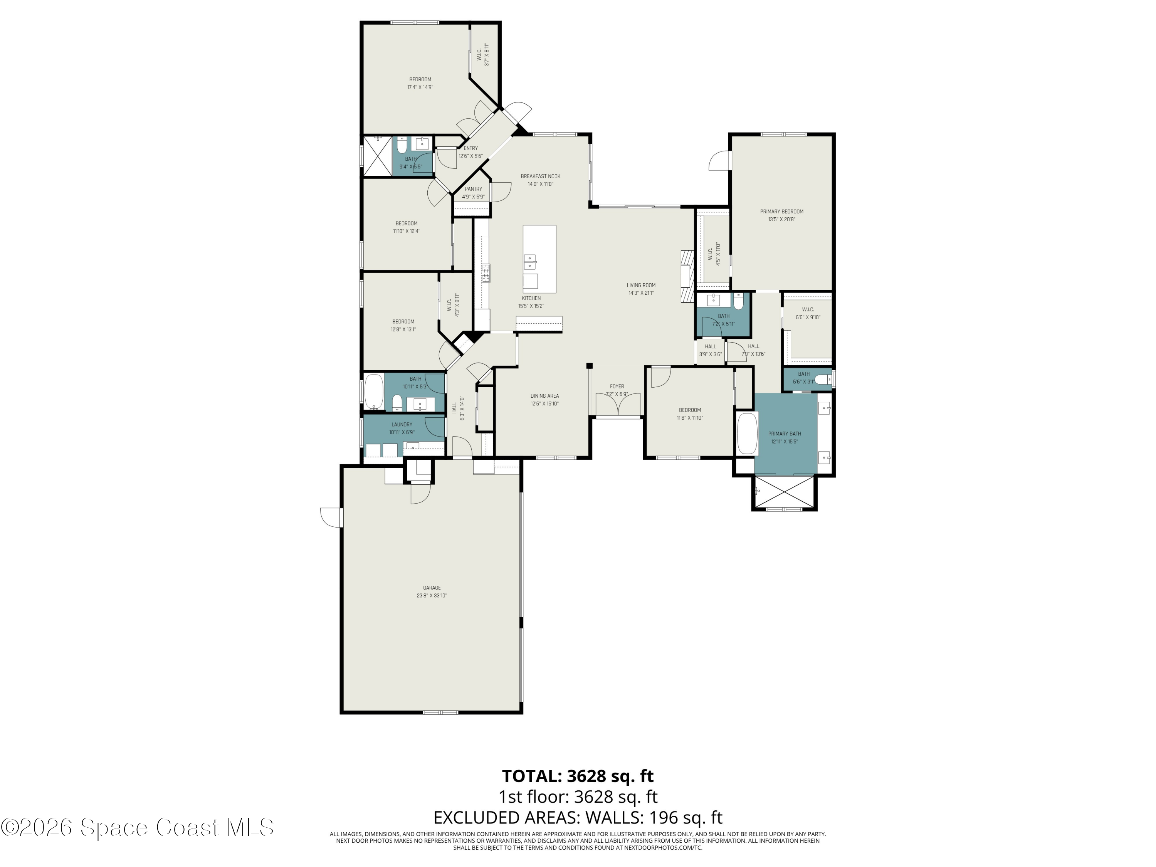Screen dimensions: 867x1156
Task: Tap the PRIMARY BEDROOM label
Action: [x=781, y=212]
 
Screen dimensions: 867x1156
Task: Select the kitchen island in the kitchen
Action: [x=539, y=259]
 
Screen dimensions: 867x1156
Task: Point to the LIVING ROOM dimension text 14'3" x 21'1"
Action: [x=641, y=293]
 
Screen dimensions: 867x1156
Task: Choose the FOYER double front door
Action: [x=618, y=405]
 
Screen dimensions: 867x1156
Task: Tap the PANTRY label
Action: [x=473, y=189]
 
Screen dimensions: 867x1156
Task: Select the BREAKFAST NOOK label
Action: [x=540, y=176]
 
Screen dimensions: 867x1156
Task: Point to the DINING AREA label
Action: [x=544, y=396]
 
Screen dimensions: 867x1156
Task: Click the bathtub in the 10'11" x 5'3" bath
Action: [x=373, y=392]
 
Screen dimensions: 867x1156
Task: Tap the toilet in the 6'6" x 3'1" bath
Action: [x=823, y=380]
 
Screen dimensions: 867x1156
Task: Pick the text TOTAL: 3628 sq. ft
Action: [x=578, y=776]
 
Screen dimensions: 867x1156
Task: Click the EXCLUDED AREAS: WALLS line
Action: [x=578, y=817]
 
